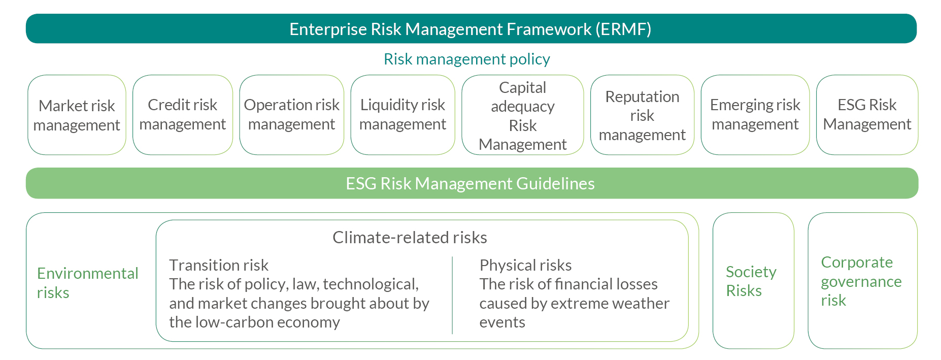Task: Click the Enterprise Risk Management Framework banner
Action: tap(470, 29)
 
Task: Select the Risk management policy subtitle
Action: tap(466, 59)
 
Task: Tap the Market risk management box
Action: tap(77, 115)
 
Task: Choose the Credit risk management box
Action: tap(183, 115)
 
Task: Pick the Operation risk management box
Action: tap(291, 115)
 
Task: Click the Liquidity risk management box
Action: tap(402, 115)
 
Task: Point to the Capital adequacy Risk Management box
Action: tap(522, 115)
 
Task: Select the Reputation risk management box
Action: tap(642, 115)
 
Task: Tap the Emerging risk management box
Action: tap(755, 115)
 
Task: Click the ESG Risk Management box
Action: tap(867, 115)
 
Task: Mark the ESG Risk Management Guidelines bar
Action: tap(470, 183)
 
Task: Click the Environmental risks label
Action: tap(87, 283)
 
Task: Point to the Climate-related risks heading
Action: tap(410, 238)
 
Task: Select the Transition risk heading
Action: tap(219, 265)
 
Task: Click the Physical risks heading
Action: tap(525, 265)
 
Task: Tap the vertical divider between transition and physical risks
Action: tap(452, 295)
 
